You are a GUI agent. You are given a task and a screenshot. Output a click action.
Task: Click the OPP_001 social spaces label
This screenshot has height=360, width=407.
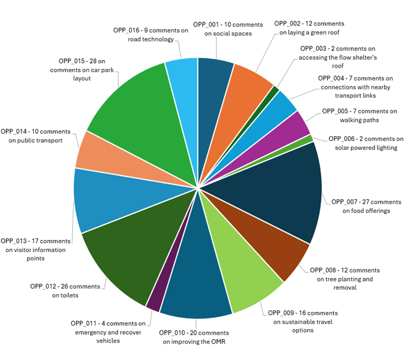pyautogui.click(x=228, y=29)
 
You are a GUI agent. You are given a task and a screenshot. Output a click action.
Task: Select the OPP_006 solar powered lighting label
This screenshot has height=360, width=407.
pyautogui.click(x=366, y=143)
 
